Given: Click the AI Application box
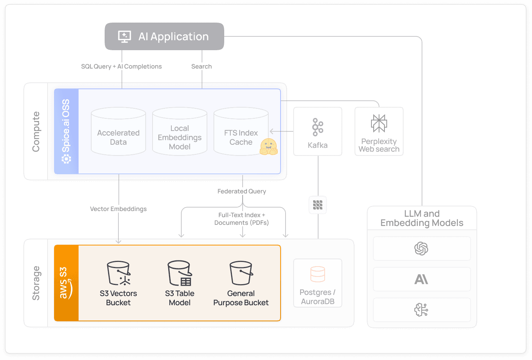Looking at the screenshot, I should click(x=164, y=36).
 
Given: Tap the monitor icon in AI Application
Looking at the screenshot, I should click(x=124, y=36).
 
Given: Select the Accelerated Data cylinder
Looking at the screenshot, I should click(x=118, y=132).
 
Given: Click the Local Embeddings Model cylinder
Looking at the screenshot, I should click(x=180, y=132).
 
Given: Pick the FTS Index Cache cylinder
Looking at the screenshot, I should click(x=241, y=132).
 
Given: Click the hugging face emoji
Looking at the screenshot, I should click(x=268, y=147).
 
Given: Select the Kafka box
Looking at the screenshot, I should click(x=318, y=131).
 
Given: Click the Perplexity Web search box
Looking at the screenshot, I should click(x=379, y=131).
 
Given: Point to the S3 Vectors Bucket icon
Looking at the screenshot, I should click(x=118, y=273).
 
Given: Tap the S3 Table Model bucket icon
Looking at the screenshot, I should click(x=180, y=273).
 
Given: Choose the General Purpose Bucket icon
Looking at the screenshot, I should click(x=241, y=273).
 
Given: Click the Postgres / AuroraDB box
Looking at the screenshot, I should click(x=318, y=283).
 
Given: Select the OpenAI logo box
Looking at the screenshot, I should click(x=422, y=249).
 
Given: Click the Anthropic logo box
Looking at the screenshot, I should click(x=422, y=279).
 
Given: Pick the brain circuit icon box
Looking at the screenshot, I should click(x=422, y=310).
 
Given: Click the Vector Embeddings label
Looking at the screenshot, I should click(x=118, y=209).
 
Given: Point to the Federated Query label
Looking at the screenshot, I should click(x=241, y=191).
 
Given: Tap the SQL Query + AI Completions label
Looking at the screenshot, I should click(x=122, y=66).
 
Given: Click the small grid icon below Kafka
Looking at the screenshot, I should click(x=318, y=205).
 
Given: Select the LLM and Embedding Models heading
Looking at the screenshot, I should click(x=422, y=218).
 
